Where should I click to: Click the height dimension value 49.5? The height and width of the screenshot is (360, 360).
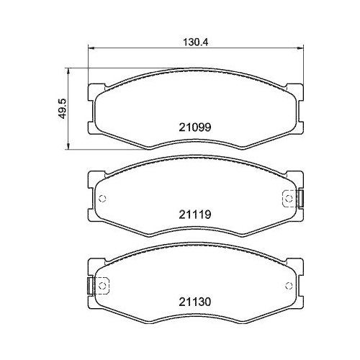[x=63, y=109]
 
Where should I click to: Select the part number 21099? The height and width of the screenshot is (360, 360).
[x=194, y=125]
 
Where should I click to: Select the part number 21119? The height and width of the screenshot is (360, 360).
[x=194, y=213]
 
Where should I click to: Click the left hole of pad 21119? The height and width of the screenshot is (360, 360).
[x=102, y=199]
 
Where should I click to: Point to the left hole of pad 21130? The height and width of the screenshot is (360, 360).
[x=102, y=287]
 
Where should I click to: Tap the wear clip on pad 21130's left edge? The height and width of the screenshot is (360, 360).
[x=89, y=286]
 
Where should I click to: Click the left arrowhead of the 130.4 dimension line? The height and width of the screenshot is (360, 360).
[x=90, y=49]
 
